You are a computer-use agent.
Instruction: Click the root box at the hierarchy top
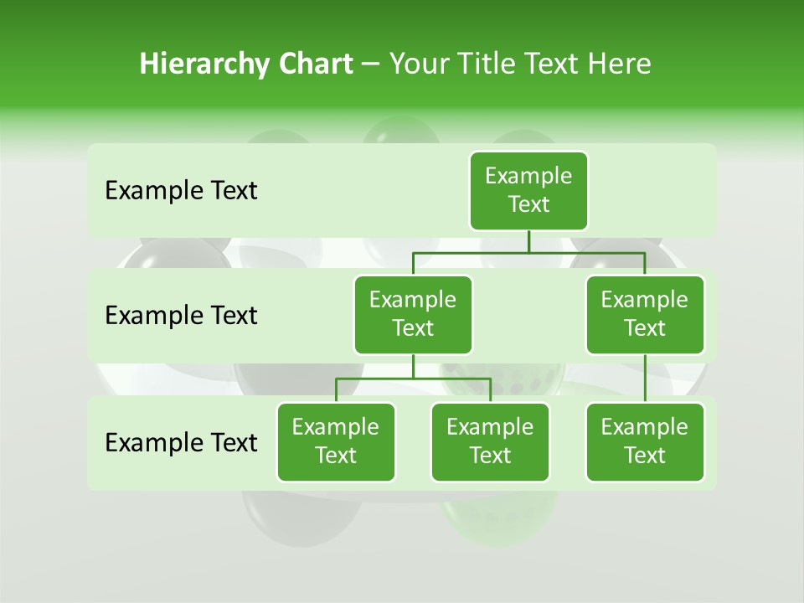(x=528, y=190)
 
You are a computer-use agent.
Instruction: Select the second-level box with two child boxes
(x=413, y=314)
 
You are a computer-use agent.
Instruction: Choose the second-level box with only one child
(x=645, y=314)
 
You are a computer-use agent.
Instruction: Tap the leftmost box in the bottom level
(x=336, y=441)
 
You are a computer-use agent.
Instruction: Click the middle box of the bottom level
(x=490, y=441)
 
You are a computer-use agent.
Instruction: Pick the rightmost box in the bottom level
(x=645, y=441)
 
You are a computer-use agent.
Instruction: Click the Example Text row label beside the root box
(x=181, y=191)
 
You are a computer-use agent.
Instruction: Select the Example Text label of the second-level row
(x=181, y=316)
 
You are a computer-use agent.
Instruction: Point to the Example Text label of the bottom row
(x=181, y=442)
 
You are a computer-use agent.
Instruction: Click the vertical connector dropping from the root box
(x=528, y=241)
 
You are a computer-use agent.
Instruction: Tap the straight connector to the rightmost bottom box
(x=645, y=379)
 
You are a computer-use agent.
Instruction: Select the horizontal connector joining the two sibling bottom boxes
(x=413, y=379)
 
